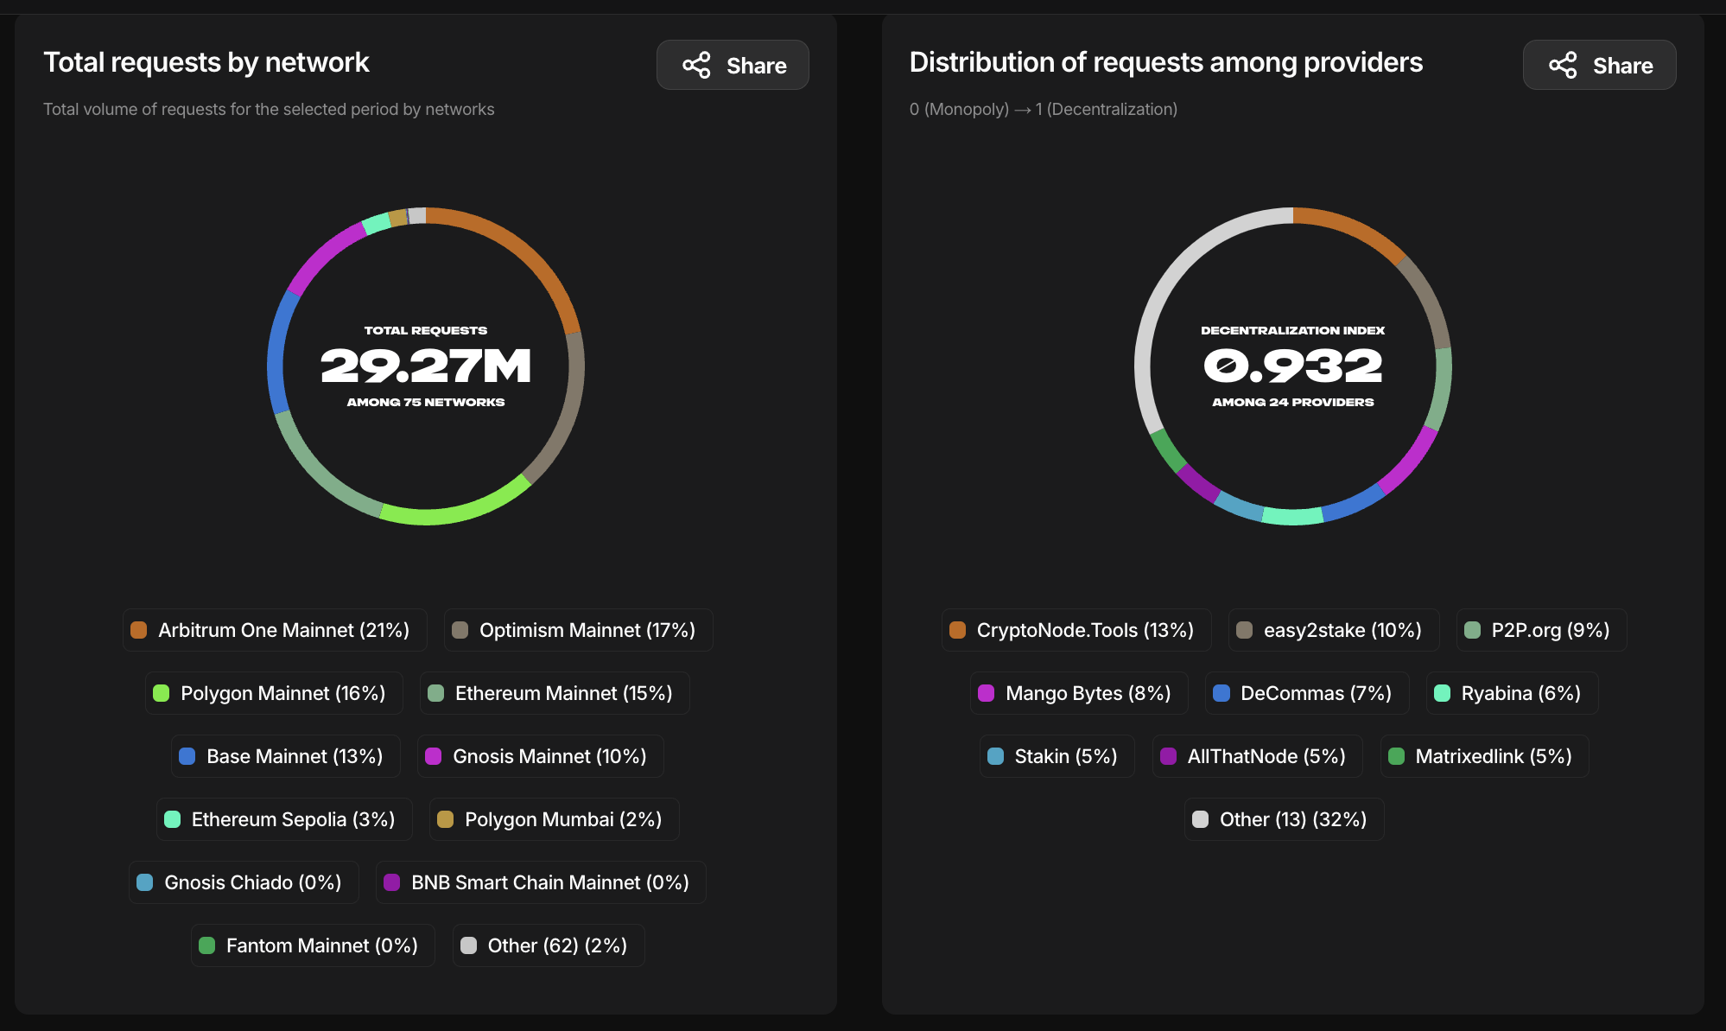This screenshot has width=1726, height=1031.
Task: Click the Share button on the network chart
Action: [x=733, y=65]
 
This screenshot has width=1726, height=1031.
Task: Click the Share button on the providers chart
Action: [x=1599, y=65]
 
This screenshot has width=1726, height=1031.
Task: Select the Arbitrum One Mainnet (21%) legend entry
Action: [x=275, y=630]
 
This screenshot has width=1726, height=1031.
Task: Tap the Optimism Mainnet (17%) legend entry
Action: [x=578, y=630]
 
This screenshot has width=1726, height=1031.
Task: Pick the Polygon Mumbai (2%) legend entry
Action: [x=554, y=819]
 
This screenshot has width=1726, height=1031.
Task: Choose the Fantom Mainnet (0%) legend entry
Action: [x=313, y=945]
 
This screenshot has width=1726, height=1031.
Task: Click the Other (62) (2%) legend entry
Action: [x=549, y=945]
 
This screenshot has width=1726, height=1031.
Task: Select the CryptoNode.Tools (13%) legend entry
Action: [x=1076, y=630]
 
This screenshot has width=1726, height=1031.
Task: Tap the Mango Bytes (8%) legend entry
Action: [x=1079, y=693]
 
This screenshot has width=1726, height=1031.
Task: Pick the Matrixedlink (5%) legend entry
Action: [x=1484, y=756]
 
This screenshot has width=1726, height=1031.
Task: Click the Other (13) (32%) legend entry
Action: [x=1284, y=819]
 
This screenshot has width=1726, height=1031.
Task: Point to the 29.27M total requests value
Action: [x=426, y=366]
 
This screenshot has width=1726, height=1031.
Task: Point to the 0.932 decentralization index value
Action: [x=1292, y=366]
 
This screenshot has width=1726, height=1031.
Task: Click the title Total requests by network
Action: [x=206, y=62]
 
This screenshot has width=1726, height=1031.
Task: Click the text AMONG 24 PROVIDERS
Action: [x=1292, y=402]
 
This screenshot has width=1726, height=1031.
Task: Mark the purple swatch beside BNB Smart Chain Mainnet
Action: [x=392, y=882]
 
